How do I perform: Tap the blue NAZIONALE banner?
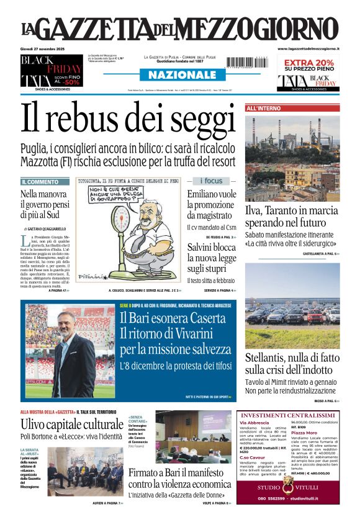(179, 75)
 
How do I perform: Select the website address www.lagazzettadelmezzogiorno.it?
(308, 48)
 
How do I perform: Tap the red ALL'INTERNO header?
(264, 109)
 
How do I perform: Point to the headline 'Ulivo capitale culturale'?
(72, 425)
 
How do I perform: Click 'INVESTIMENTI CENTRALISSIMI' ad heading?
(289, 415)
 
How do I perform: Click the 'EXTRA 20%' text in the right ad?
(308, 63)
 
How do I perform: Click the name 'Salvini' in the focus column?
(202, 247)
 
